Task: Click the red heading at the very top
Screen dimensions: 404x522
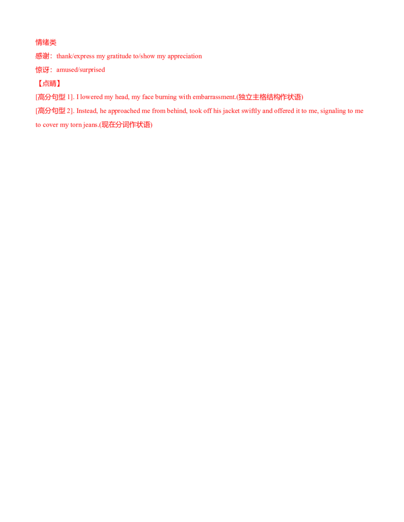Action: point(45,42)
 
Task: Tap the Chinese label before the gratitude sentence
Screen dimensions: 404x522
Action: point(43,56)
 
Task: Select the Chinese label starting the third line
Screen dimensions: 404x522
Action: point(42,70)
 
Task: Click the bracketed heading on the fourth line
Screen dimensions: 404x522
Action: point(49,83)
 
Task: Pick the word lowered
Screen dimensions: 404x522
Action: point(85,97)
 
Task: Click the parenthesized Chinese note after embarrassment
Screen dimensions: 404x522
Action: point(270,97)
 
